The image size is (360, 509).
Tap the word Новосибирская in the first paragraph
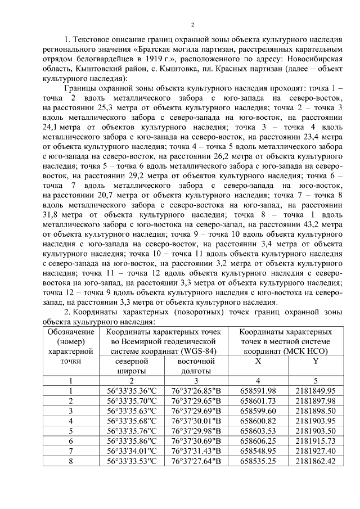click(315, 57)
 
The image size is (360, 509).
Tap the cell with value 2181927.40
click(316, 451)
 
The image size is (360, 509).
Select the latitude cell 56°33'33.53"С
click(131, 461)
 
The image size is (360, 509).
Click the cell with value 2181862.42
click(316, 461)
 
